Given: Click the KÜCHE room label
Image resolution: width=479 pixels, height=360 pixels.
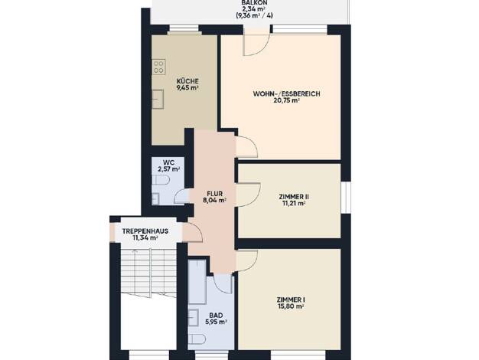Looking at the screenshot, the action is [187, 81].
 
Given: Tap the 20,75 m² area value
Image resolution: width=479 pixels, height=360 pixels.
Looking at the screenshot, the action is [286, 100].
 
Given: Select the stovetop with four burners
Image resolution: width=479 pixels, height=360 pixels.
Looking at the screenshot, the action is [158, 67].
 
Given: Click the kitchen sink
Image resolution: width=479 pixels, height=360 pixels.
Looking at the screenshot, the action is [158, 99].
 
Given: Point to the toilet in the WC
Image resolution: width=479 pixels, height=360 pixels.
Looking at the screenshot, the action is [161, 181].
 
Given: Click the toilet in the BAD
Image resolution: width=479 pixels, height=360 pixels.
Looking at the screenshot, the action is [197, 339].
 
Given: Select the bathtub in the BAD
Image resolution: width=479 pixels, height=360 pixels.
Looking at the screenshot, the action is [197, 282].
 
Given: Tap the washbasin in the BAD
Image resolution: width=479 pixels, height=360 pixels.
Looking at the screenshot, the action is [194, 318].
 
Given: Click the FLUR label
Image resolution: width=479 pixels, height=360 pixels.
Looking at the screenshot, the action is [214, 194].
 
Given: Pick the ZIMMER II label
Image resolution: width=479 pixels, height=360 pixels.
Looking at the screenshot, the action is [292, 197].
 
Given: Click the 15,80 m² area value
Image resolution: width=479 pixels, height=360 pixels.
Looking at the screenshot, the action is [290, 306].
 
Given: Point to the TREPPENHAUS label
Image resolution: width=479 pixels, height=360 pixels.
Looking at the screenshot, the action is [145, 231].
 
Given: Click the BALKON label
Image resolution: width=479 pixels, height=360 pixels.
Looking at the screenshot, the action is [254, 2].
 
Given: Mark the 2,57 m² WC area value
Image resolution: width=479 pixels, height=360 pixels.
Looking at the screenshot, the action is [168, 169].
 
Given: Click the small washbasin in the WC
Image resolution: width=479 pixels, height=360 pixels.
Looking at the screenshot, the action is [155, 199].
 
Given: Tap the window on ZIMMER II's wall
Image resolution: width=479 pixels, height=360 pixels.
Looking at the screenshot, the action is [346, 198].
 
